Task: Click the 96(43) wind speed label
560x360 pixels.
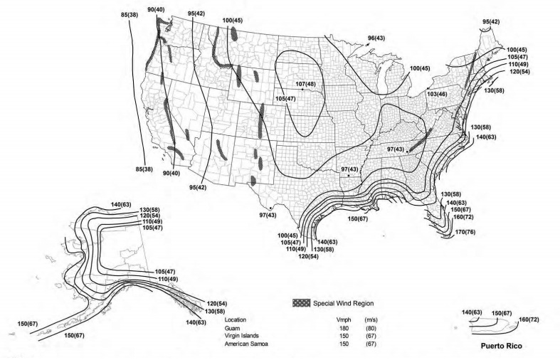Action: [x=376, y=37]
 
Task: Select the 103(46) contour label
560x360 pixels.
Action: [x=436, y=94]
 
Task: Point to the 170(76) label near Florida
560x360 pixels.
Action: [x=466, y=233]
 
